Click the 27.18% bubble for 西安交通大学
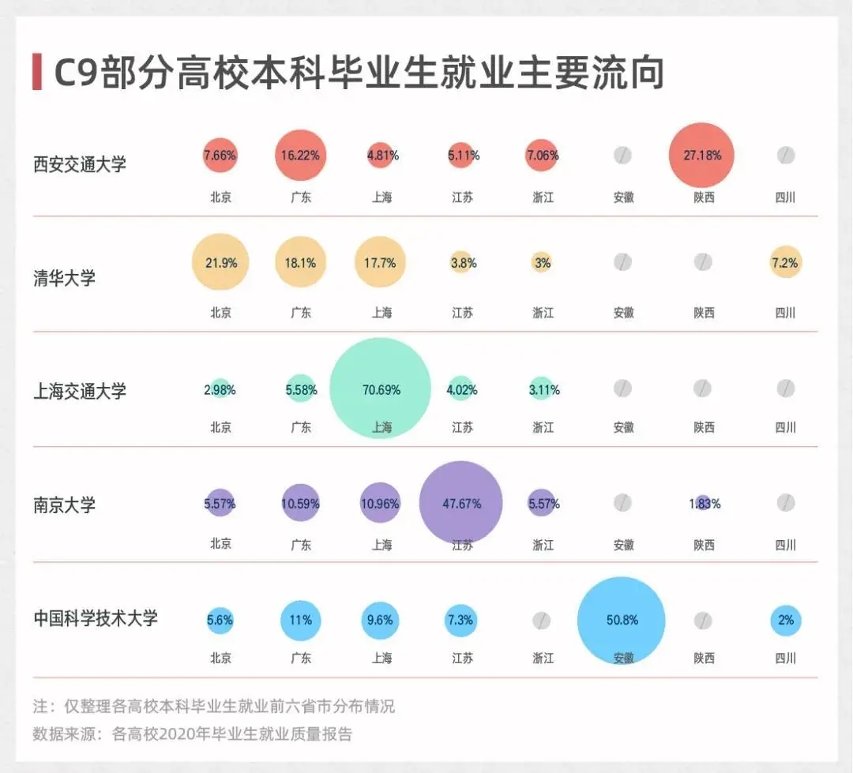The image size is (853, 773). [701, 155]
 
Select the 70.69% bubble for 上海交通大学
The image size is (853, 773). [381, 388]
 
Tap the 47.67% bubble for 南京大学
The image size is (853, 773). [461, 503]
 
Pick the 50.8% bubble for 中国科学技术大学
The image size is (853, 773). [622, 620]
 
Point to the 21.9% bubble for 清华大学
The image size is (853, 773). [220, 262]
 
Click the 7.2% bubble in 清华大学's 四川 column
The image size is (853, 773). [785, 262]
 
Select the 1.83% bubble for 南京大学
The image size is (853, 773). [703, 503]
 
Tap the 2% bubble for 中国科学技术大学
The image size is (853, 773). [785, 620]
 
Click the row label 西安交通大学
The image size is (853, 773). [80, 164]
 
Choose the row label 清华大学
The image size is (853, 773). [64, 278]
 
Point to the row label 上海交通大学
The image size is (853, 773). [80, 391]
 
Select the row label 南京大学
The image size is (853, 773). [64, 505]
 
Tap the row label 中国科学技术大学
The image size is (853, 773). [96, 618]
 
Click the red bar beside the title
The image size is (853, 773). [36, 72]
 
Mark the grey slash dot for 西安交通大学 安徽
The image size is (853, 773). [623, 155]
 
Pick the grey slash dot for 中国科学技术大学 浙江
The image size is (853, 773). [542, 621]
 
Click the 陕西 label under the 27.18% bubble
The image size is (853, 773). [704, 197]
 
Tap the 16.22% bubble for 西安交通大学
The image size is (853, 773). [301, 155]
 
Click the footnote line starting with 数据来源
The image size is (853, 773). [192, 734]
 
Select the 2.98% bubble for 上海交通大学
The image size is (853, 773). [220, 388]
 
